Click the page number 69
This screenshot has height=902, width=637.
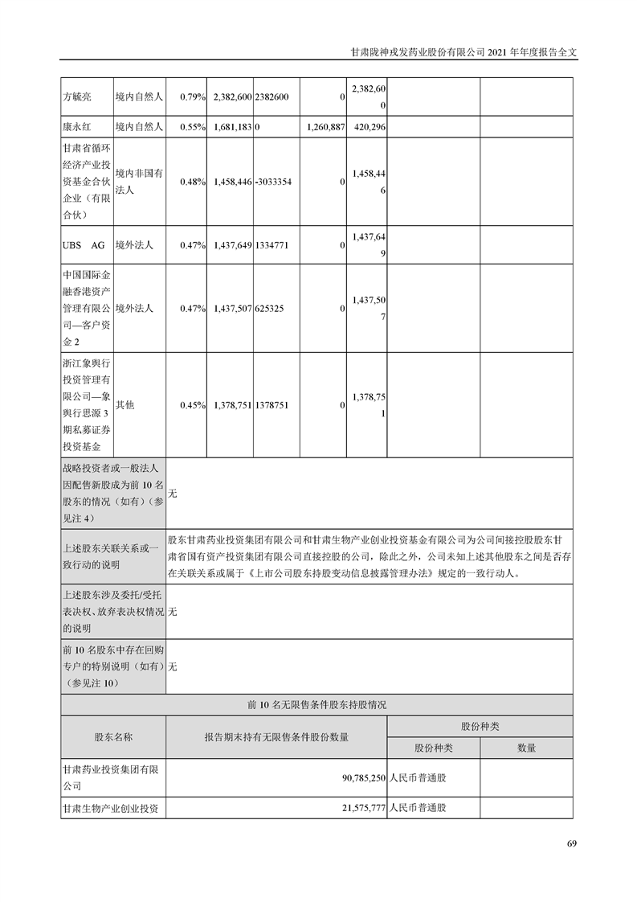coord(571,843)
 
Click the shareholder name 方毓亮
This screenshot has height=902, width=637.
coord(77,96)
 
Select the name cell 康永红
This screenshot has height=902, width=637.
coord(77,127)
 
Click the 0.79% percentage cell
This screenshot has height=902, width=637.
coord(194,96)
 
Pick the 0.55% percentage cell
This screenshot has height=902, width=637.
coord(194,127)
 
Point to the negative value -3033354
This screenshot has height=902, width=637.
coord(272,182)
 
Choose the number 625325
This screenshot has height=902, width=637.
coord(270,308)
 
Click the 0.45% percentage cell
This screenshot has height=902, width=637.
coord(194,405)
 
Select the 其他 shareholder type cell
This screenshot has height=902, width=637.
coord(125,405)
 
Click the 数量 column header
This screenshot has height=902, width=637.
coord(526,748)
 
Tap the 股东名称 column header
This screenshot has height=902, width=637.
coord(113,736)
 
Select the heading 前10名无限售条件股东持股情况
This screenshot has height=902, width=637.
coord(317,704)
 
